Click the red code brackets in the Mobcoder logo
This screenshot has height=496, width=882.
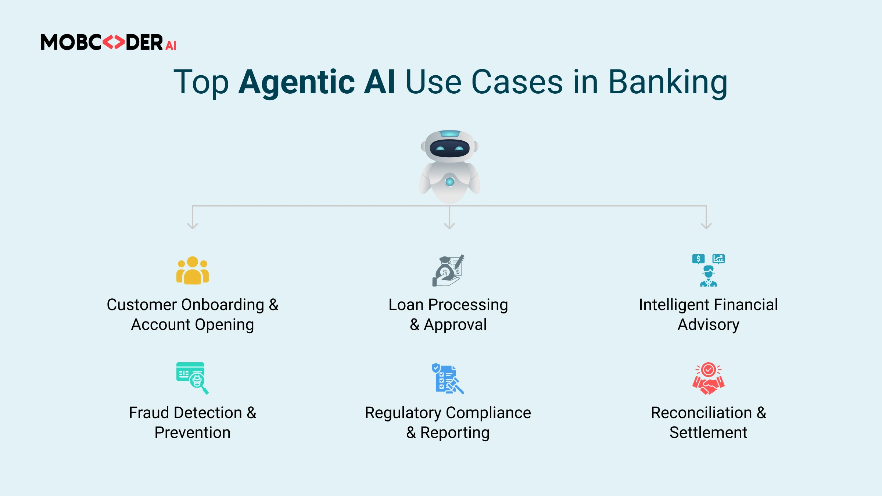pos(114,42)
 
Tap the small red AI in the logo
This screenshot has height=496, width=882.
pos(171,46)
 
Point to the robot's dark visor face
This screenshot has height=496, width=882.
pos(449,148)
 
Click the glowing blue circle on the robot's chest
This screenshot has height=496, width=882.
pos(449,181)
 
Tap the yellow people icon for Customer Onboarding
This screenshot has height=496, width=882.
pos(193,270)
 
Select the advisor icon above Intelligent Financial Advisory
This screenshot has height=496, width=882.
pos(708,270)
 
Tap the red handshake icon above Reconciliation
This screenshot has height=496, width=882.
pos(708,378)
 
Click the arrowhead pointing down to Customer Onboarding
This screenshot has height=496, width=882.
pos(193,226)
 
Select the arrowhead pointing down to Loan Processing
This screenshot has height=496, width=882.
pos(449,226)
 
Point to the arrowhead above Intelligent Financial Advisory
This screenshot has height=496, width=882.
pos(706,226)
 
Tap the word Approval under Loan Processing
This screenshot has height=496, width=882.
pos(455,324)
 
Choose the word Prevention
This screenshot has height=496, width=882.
pos(193,432)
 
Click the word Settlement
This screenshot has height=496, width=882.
pos(708,432)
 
